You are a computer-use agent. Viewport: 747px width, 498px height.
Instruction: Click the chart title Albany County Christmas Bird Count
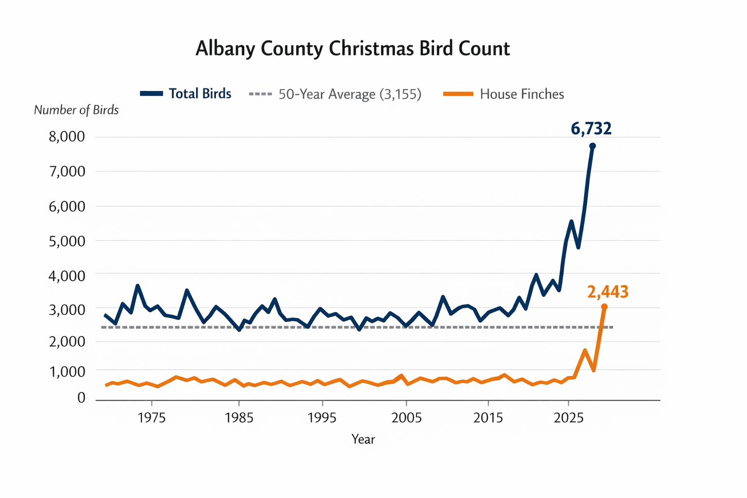click(353, 49)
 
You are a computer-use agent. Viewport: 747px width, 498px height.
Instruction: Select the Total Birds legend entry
click(200, 94)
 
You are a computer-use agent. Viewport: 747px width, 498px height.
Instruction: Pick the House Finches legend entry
click(521, 94)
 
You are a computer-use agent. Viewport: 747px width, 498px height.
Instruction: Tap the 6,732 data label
click(591, 129)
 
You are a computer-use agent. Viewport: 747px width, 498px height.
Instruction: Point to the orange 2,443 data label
click(607, 292)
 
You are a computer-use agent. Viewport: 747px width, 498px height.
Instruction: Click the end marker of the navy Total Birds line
click(592, 146)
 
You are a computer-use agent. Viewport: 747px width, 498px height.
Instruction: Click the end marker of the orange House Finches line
click(604, 307)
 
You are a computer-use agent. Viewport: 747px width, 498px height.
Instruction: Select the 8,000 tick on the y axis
click(67, 137)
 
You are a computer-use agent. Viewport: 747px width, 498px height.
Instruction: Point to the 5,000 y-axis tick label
click(67, 241)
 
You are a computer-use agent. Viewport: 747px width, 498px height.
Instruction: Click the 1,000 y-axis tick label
click(67, 372)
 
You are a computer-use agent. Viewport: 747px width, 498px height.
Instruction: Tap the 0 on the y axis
click(81, 398)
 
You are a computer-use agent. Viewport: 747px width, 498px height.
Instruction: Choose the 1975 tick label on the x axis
click(152, 418)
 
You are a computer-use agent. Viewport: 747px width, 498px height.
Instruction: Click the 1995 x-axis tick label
click(322, 418)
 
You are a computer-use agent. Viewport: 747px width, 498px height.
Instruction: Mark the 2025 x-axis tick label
click(569, 418)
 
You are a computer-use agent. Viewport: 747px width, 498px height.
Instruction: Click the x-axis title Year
click(363, 440)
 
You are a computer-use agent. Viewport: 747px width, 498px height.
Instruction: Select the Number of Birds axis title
click(76, 110)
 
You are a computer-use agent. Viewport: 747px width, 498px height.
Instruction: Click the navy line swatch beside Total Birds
click(151, 94)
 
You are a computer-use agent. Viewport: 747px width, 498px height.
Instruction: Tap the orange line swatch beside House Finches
click(458, 94)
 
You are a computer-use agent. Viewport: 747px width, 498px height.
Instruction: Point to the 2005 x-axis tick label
click(407, 418)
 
